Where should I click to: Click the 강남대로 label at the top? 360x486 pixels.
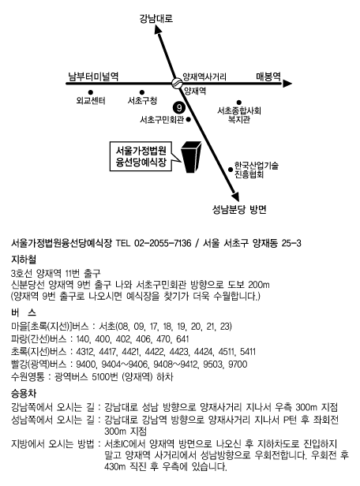(156, 19)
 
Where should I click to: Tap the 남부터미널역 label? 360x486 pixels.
(93, 77)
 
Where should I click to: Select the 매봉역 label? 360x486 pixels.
(268, 77)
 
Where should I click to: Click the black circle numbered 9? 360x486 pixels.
(179, 108)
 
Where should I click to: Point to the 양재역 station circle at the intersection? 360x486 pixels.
(177, 83)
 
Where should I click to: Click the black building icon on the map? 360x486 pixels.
(191, 156)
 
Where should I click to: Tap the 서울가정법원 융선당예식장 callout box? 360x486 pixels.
(141, 156)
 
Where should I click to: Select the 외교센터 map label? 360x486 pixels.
(91, 100)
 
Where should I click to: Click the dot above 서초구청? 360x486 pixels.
(141, 92)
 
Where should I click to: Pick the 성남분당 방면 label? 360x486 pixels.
(239, 210)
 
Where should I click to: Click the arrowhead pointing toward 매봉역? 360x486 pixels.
(287, 83)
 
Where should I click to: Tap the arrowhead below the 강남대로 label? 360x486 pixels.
(158, 29)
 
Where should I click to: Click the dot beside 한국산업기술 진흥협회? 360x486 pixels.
(231, 169)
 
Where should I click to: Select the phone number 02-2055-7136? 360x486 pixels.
(163, 243)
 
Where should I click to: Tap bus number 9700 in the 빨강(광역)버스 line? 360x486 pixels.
(238, 364)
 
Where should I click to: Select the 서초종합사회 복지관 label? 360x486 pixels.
(239, 115)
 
